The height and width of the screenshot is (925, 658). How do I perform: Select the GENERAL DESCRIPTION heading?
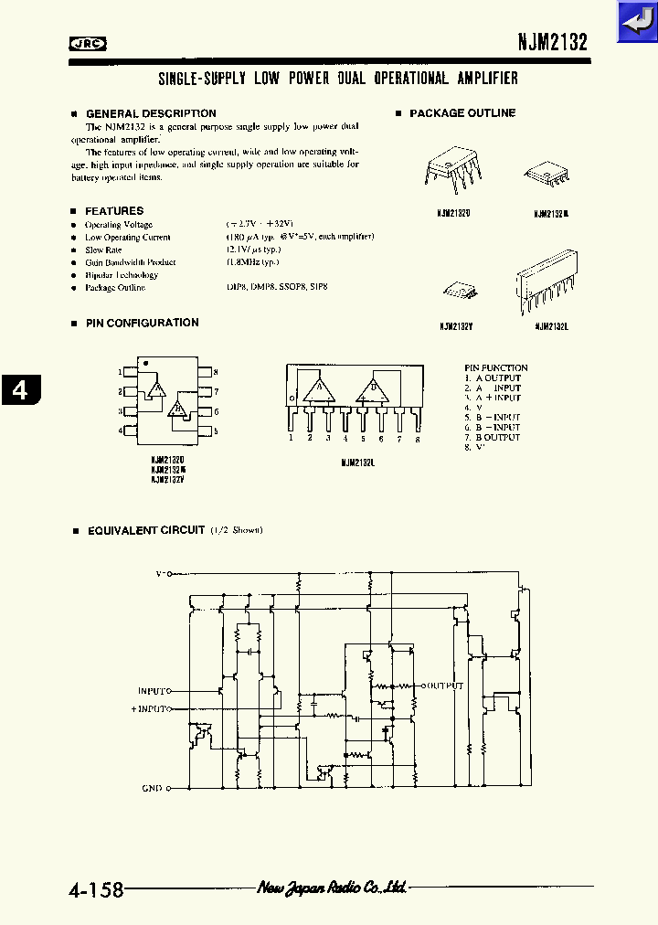[151, 113]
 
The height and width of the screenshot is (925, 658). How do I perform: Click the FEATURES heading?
[114, 211]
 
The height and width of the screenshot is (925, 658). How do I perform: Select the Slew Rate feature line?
[103, 250]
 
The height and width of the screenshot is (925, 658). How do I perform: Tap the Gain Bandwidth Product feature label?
[130, 262]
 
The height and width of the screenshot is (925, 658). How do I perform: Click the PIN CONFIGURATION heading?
[142, 323]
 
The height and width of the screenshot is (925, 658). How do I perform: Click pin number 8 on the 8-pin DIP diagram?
[215, 372]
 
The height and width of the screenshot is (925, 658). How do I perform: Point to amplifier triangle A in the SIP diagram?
[320, 389]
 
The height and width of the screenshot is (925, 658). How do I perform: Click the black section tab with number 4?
[19, 389]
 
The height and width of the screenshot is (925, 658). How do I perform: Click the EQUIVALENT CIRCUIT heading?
[145, 530]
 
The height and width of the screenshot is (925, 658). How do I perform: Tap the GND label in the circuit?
[152, 788]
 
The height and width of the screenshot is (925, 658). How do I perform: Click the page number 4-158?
[95, 889]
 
